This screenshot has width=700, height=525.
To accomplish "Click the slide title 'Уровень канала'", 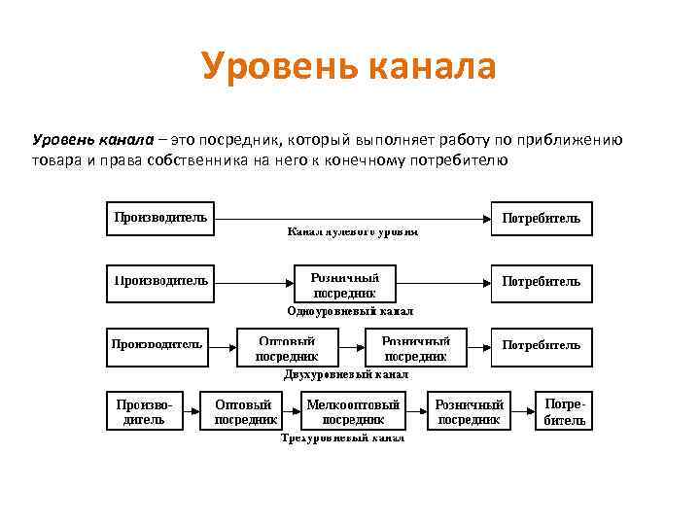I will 349,66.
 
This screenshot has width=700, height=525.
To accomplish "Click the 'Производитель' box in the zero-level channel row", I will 160,219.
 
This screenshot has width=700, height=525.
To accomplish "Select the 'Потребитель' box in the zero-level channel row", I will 542,219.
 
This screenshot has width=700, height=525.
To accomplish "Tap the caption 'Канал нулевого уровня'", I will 352,233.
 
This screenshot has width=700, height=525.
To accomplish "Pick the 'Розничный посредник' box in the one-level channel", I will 344,284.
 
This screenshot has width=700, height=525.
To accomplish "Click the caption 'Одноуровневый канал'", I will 350,311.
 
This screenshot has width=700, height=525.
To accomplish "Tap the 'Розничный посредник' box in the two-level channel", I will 415,347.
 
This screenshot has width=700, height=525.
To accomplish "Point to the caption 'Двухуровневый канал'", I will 346,374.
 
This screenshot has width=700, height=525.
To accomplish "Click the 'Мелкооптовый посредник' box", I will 353,411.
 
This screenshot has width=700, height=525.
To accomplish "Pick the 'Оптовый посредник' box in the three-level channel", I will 246,411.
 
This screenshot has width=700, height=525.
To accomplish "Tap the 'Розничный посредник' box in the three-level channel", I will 470,411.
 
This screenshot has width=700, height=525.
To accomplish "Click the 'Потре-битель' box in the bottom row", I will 564,410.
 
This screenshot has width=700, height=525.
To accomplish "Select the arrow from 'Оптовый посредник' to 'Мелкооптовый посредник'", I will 291,410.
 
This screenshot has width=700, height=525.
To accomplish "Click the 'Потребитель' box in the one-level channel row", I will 542,282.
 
